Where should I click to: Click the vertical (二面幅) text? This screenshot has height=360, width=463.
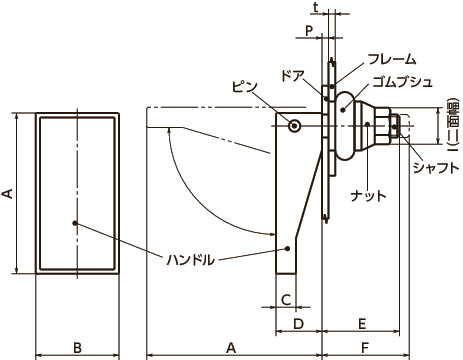[451, 127]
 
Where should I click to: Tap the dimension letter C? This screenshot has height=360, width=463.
[285, 300]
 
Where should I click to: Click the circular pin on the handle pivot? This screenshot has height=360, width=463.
[294, 126]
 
